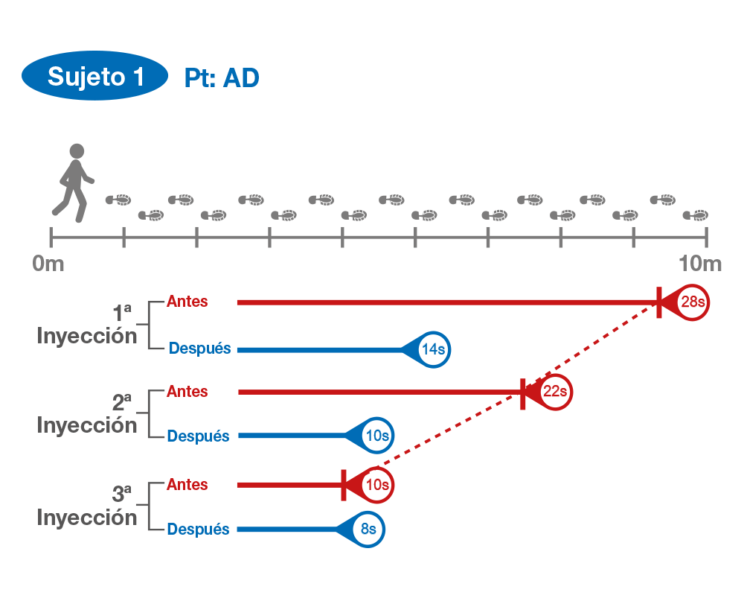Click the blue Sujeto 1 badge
point(95,77)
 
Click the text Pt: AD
point(222,78)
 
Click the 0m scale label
point(48,264)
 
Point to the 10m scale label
point(699,264)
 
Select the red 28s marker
point(691,302)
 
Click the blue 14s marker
point(432,349)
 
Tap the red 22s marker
point(555,392)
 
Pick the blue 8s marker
point(368,530)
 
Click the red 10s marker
point(376,485)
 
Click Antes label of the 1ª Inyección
point(187,302)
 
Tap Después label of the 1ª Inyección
point(200,348)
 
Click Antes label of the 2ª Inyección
point(187,391)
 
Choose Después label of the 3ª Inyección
point(198,530)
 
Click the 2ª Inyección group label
point(88,416)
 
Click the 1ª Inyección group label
point(88,326)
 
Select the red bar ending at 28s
point(446,302)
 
